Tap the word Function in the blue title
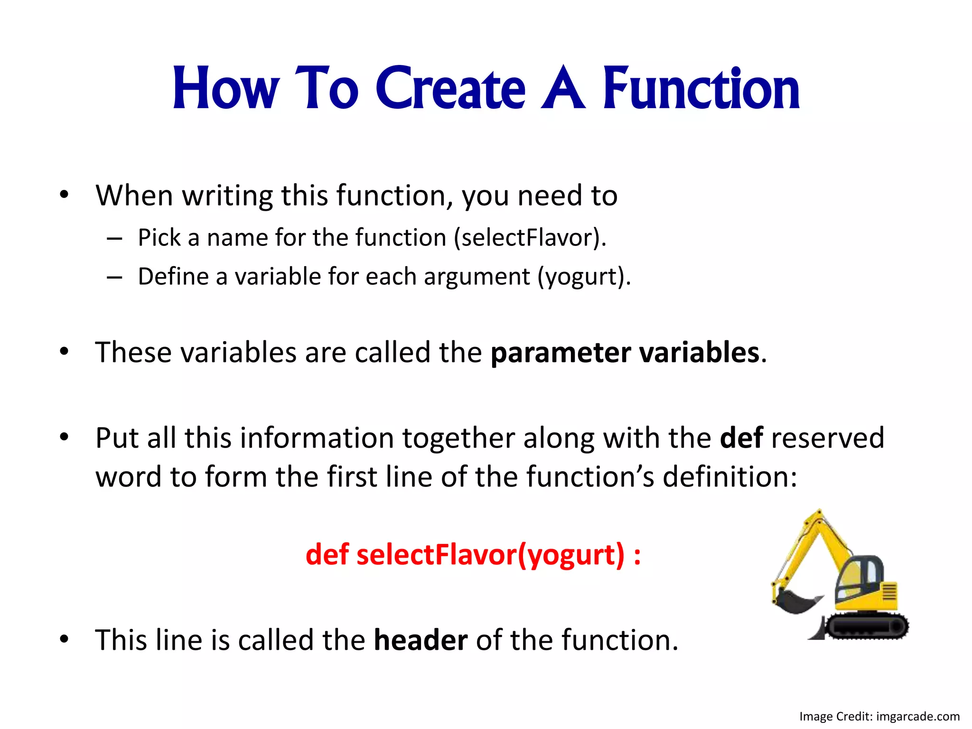click(701, 89)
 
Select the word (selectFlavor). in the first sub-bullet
click(530, 238)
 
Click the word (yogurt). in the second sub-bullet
click(584, 277)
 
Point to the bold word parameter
click(561, 353)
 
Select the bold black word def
click(741, 438)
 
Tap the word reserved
click(828, 438)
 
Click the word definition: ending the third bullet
click(729, 477)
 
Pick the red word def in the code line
click(327, 554)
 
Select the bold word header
click(421, 640)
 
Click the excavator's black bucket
click(795, 601)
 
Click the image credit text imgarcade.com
click(917, 716)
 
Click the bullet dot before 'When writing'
click(65, 195)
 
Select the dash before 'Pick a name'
click(114, 238)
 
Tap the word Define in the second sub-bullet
click(173, 277)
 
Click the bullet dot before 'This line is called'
click(65, 639)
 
